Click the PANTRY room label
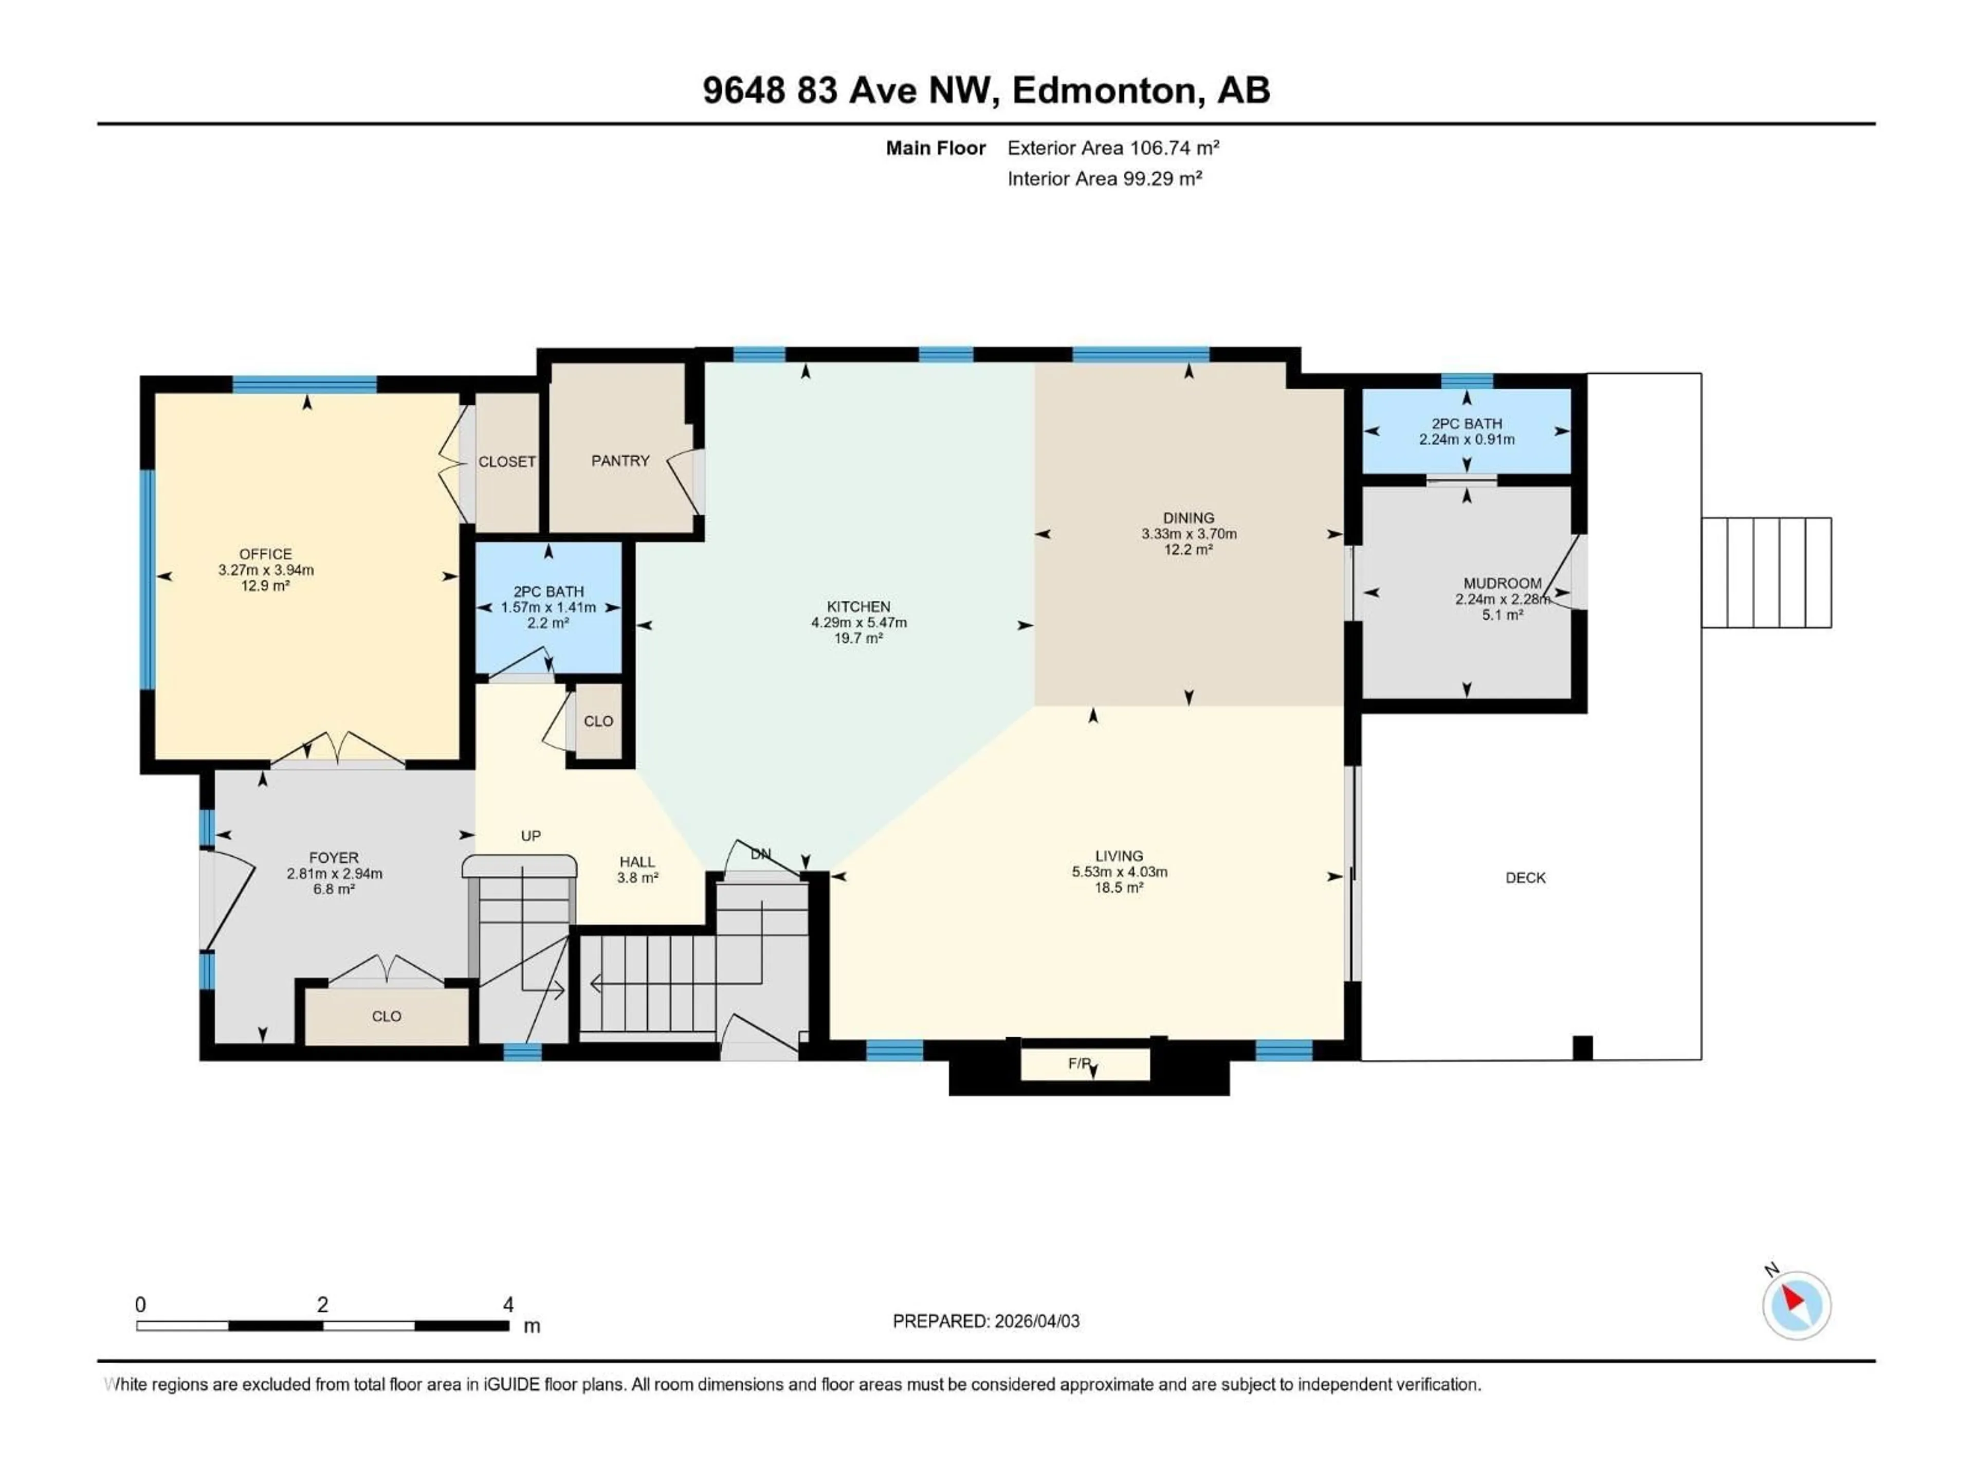620,461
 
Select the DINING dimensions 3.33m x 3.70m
1188,534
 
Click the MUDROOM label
1502,583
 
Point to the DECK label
1525,877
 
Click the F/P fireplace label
1079,1062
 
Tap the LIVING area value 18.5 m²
1119,888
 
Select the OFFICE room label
265,553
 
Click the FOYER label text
334,857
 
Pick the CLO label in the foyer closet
387,1016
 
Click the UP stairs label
531,836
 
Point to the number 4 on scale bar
508,1304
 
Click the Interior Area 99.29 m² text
1104,178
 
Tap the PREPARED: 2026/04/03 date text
985,1321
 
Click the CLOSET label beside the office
507,462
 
